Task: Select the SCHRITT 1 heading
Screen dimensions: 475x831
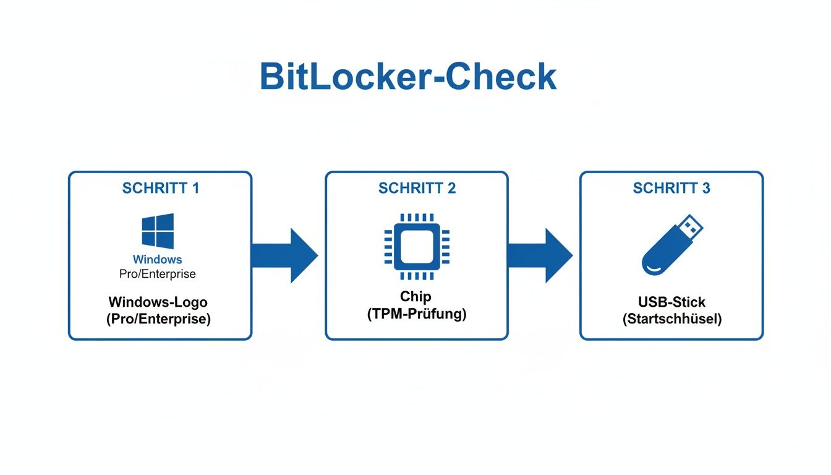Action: (x=161, y=188)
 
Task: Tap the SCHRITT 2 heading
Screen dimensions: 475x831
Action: (x=417, y=188)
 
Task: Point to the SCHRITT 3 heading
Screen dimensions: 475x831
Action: (x=671, y=188)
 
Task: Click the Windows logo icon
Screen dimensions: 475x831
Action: (x=158, y=231)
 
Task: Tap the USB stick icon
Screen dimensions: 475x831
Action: (x=671, y=245)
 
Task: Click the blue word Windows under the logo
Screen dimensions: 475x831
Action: (x=158, y=259)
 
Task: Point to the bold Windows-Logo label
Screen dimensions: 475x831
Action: (x=158, y=302)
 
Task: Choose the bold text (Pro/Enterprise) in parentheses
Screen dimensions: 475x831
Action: (x=158, y=319)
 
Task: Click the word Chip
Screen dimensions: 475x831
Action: (x=416, y=297)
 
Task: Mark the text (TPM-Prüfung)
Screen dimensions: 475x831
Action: (x=416, y=314)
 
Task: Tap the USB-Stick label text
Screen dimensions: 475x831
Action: (x=671, y=302)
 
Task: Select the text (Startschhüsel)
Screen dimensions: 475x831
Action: (x=671, y=319)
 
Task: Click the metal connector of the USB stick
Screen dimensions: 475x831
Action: (x=691, y=226)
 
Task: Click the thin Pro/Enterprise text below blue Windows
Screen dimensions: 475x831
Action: (x=158, y=273)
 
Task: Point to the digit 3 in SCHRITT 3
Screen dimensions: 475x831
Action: (x=705, y=188)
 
